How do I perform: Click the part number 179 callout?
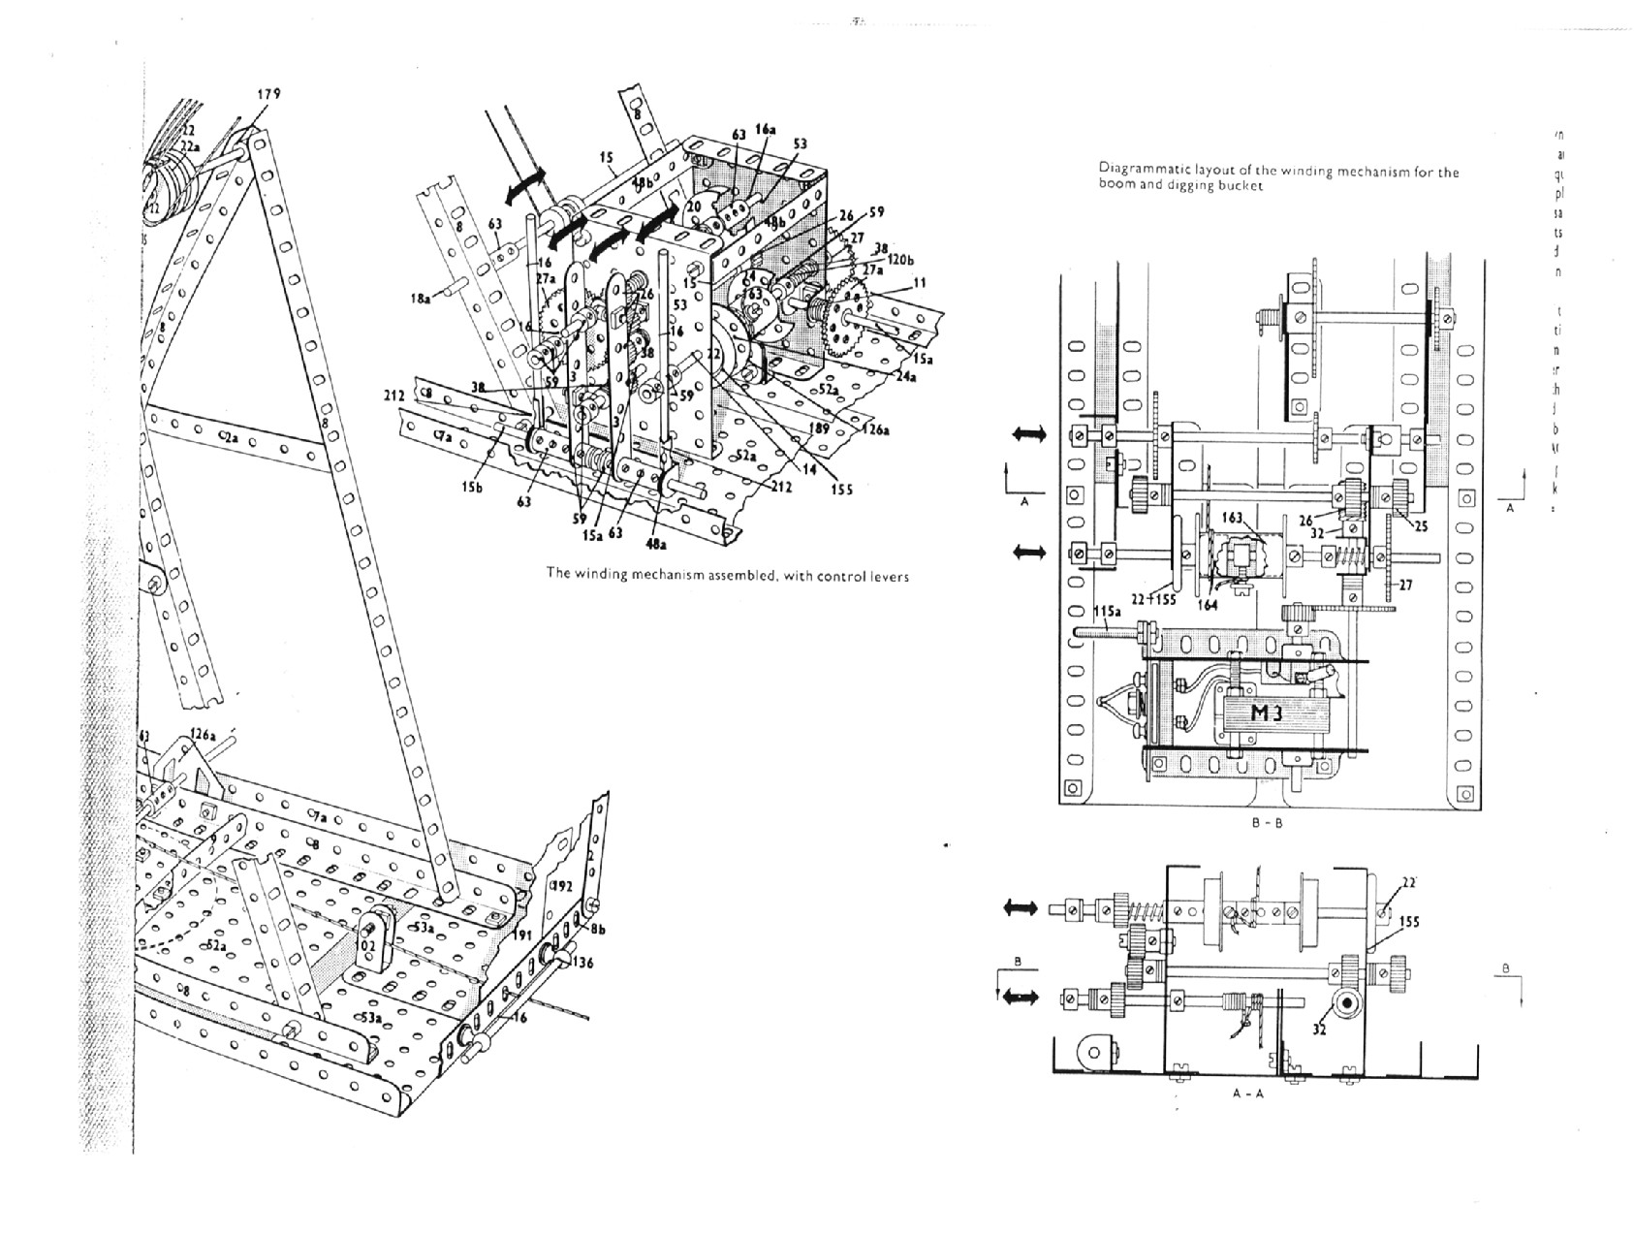pyautogui.click(x=268, y=94)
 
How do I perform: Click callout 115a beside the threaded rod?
pyautogui.click(x=1107, y=612)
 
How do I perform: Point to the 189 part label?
pyautogui.click(x=820, y=428)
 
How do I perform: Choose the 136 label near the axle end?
pyautogui.click(x=581, y=963)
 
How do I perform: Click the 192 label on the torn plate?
pyautogui.click(x=563, y=887)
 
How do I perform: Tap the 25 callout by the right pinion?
pyautogui.click(x=1421, y=526)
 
